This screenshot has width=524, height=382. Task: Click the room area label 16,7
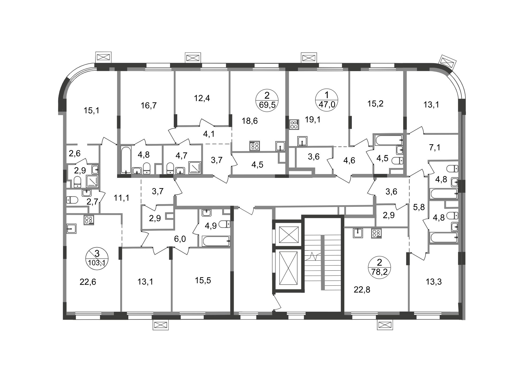pos(149,105)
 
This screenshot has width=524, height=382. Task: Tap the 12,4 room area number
pos(202,98)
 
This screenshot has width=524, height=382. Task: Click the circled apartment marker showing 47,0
pos(327,100)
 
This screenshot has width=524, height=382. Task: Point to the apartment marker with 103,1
pos(97,258)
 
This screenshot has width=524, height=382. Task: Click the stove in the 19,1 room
pos(294,125)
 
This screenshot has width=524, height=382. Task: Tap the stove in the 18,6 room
pos(254,146)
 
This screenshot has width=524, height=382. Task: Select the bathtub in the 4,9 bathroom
pos(216,241)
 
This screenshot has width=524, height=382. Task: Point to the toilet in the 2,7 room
pos(72,200)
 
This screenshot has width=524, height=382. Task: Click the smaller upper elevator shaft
pos(288,235)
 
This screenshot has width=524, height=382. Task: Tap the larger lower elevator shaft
pos(288,268)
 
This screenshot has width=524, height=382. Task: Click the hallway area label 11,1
pos(121,198)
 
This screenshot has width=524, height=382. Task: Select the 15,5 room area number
pos(203,280)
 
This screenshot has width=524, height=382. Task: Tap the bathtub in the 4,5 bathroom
pos(389,140)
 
